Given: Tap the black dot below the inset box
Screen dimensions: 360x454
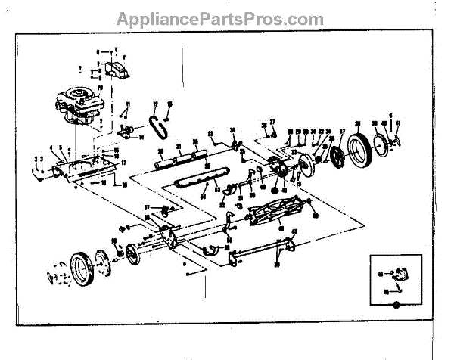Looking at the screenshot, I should [x=396, y=306].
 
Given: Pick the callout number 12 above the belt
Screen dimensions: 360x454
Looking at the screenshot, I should [x=154, y=104].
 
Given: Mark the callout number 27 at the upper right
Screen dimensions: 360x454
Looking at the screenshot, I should [x=272, y=122].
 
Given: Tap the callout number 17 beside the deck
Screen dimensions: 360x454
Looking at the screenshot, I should [x=123, y=163].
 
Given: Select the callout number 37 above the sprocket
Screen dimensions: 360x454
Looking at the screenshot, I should [x=342, y=132].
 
